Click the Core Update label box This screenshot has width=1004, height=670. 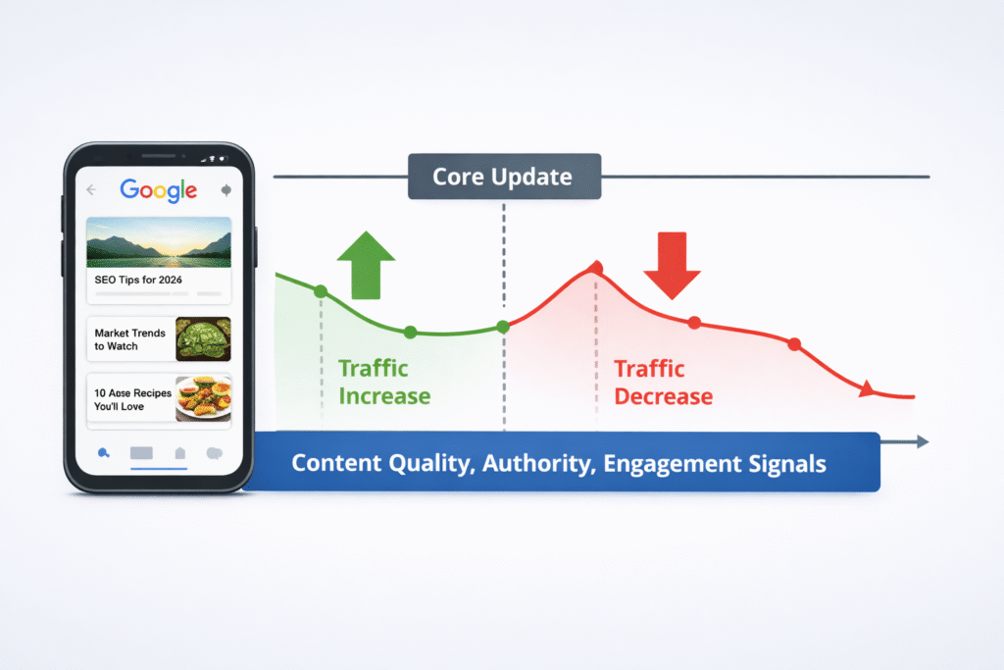click(503, 178)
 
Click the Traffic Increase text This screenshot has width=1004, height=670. click(383, 383)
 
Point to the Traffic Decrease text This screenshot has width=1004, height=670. click(663, 383)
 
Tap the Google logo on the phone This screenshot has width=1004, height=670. click(158, 190)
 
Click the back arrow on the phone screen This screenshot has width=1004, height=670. click(92, 190)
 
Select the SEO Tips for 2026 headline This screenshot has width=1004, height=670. click(144, 281)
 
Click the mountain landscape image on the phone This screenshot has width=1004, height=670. click(159, 242)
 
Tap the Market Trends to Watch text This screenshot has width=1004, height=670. click(129, 340)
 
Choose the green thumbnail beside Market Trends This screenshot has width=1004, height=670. click(203, 339)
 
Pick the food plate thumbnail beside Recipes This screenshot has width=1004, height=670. click(203, 399)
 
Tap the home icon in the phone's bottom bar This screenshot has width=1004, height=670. click(179, 453)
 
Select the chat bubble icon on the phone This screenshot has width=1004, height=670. click(215, 453)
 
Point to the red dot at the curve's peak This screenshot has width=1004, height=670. click(596, 268)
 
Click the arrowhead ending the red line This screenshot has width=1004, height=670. click(867, 390)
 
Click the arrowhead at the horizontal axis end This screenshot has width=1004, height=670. click(922, 442)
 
